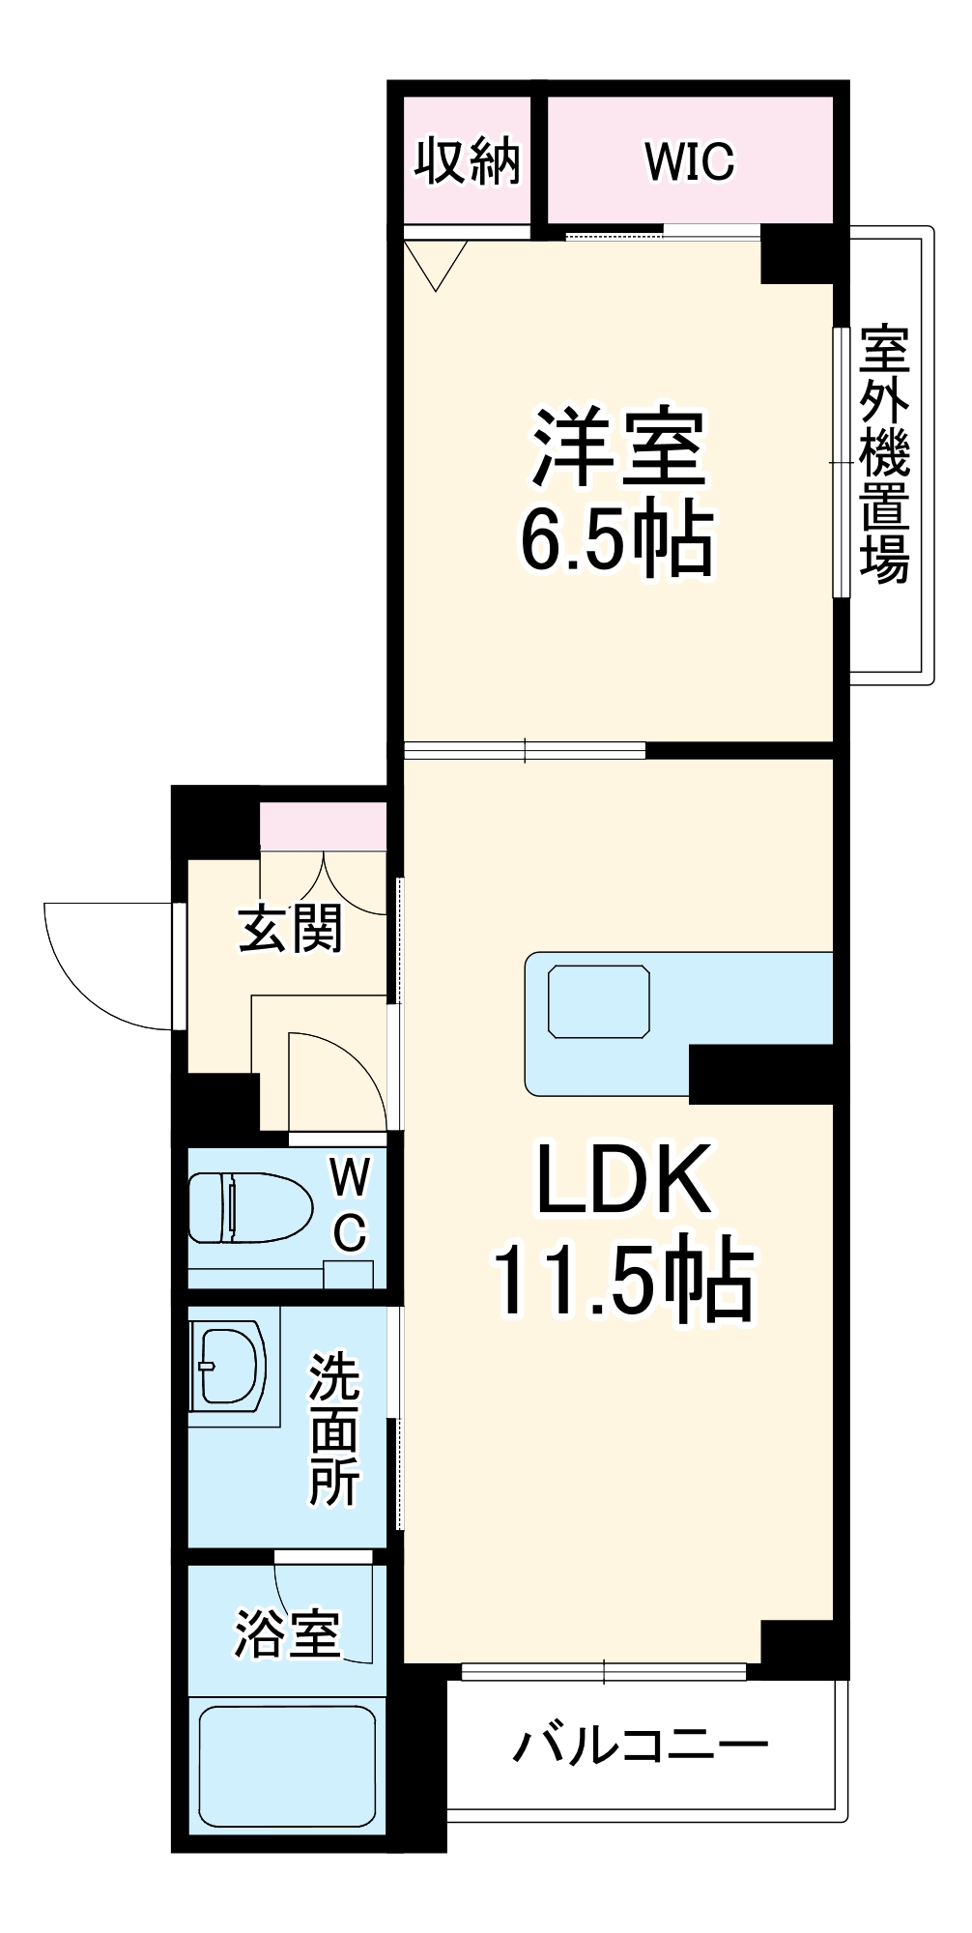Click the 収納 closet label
(468, 161)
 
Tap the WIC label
(690, 161)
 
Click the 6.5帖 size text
(617, 539)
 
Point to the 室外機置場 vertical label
(885, 455)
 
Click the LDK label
(624, 1179)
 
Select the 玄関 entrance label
(291, 929)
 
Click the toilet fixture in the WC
(249, 1208)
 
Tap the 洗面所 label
(334, 1429)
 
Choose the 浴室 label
(287, 1632)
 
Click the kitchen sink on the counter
(598, 1001)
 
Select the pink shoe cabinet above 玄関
(323, 826)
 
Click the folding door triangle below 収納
(436, 261)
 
